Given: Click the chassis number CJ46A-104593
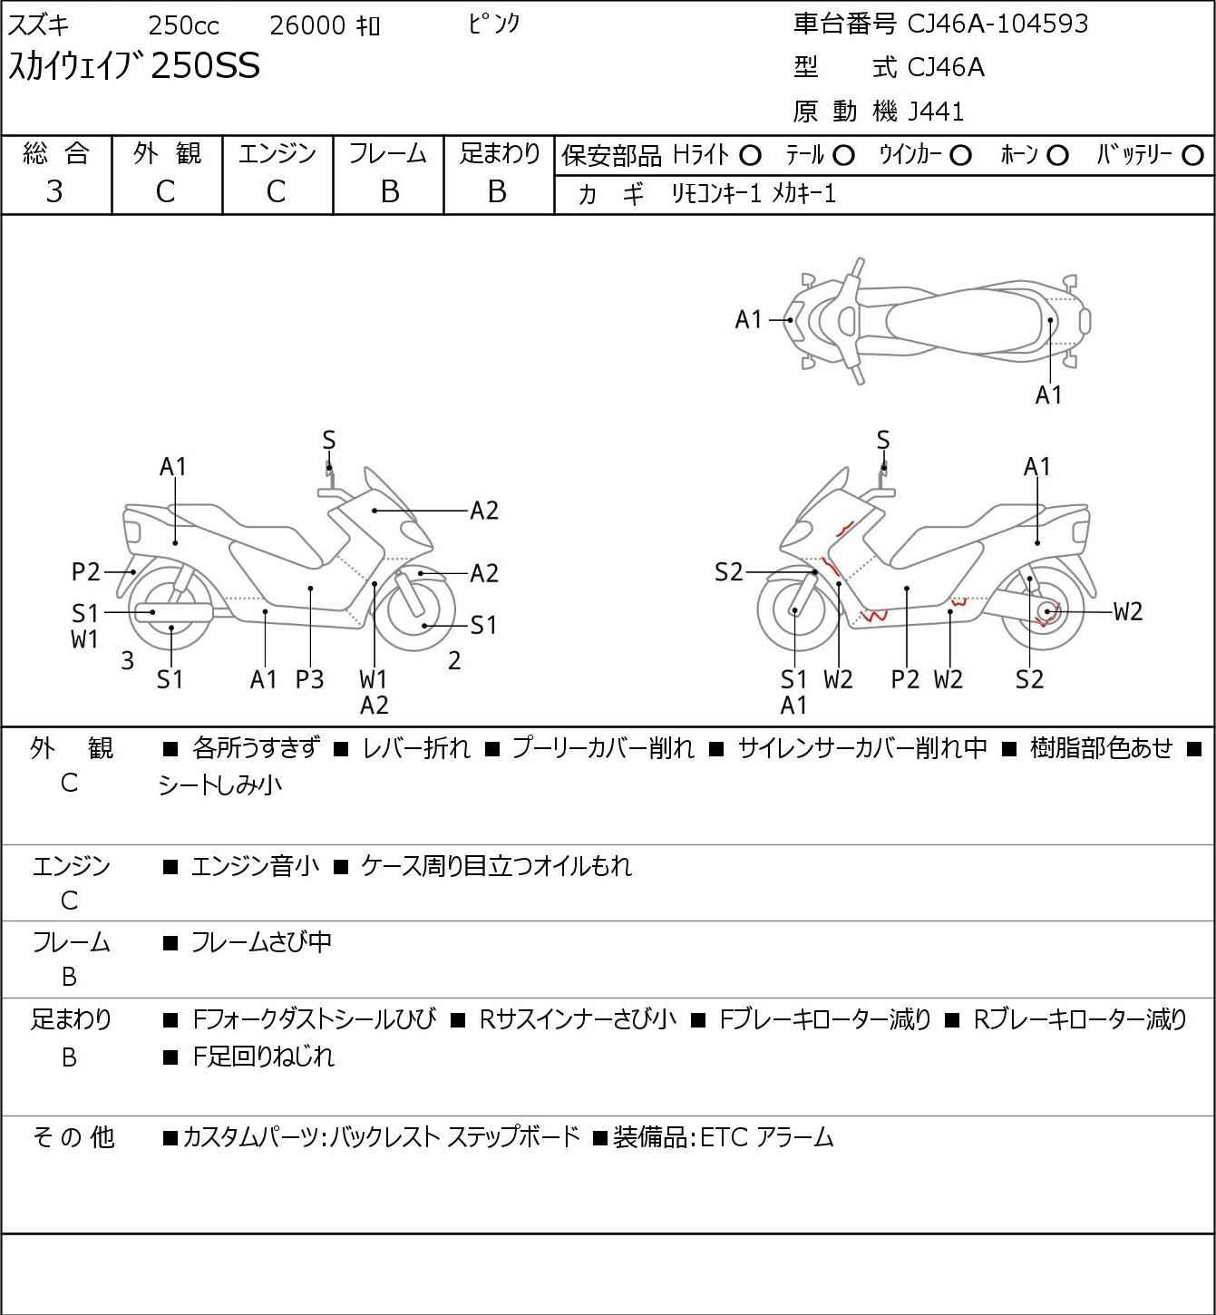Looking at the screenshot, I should [x=997, y=24].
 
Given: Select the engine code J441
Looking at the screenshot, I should [x=936, y=112].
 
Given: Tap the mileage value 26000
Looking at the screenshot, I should [x=307, y=25].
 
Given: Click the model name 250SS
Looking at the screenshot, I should [x=205, y=66].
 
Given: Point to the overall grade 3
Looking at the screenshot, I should [x=54, y=191].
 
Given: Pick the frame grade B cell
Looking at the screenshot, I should [x=389, y=191].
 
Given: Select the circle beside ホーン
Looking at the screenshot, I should [x=1057, y=156].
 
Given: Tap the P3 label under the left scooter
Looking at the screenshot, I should [x=309, y=679].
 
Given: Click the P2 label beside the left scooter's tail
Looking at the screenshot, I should [x=86, y=572].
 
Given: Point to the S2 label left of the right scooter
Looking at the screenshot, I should [x=728, y=572].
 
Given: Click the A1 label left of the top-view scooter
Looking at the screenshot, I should [x=749, y=319].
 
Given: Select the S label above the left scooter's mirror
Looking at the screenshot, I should [x=329, y=441].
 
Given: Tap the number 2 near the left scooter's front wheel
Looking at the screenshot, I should [x=454, y=661].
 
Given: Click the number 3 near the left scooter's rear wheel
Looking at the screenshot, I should [x=127, y=661].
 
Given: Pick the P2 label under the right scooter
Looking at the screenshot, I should [x=905, y=679].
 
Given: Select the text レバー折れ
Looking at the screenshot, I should [x=416, y=748].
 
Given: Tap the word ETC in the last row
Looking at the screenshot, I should [x=723, y=1137].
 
